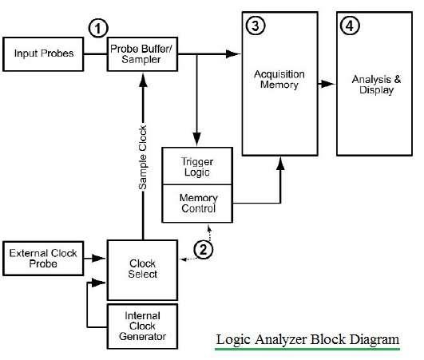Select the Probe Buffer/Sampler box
coord(141,53)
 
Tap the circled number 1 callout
coord(97,29)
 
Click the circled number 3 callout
coord(255,26)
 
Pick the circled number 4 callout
coord(349,26)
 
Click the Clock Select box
coord(142,268)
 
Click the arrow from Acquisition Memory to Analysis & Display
coord(325,82)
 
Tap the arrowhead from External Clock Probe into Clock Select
coord(103,259)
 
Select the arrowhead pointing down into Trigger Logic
coord(194,141)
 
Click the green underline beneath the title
coord(307,349)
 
